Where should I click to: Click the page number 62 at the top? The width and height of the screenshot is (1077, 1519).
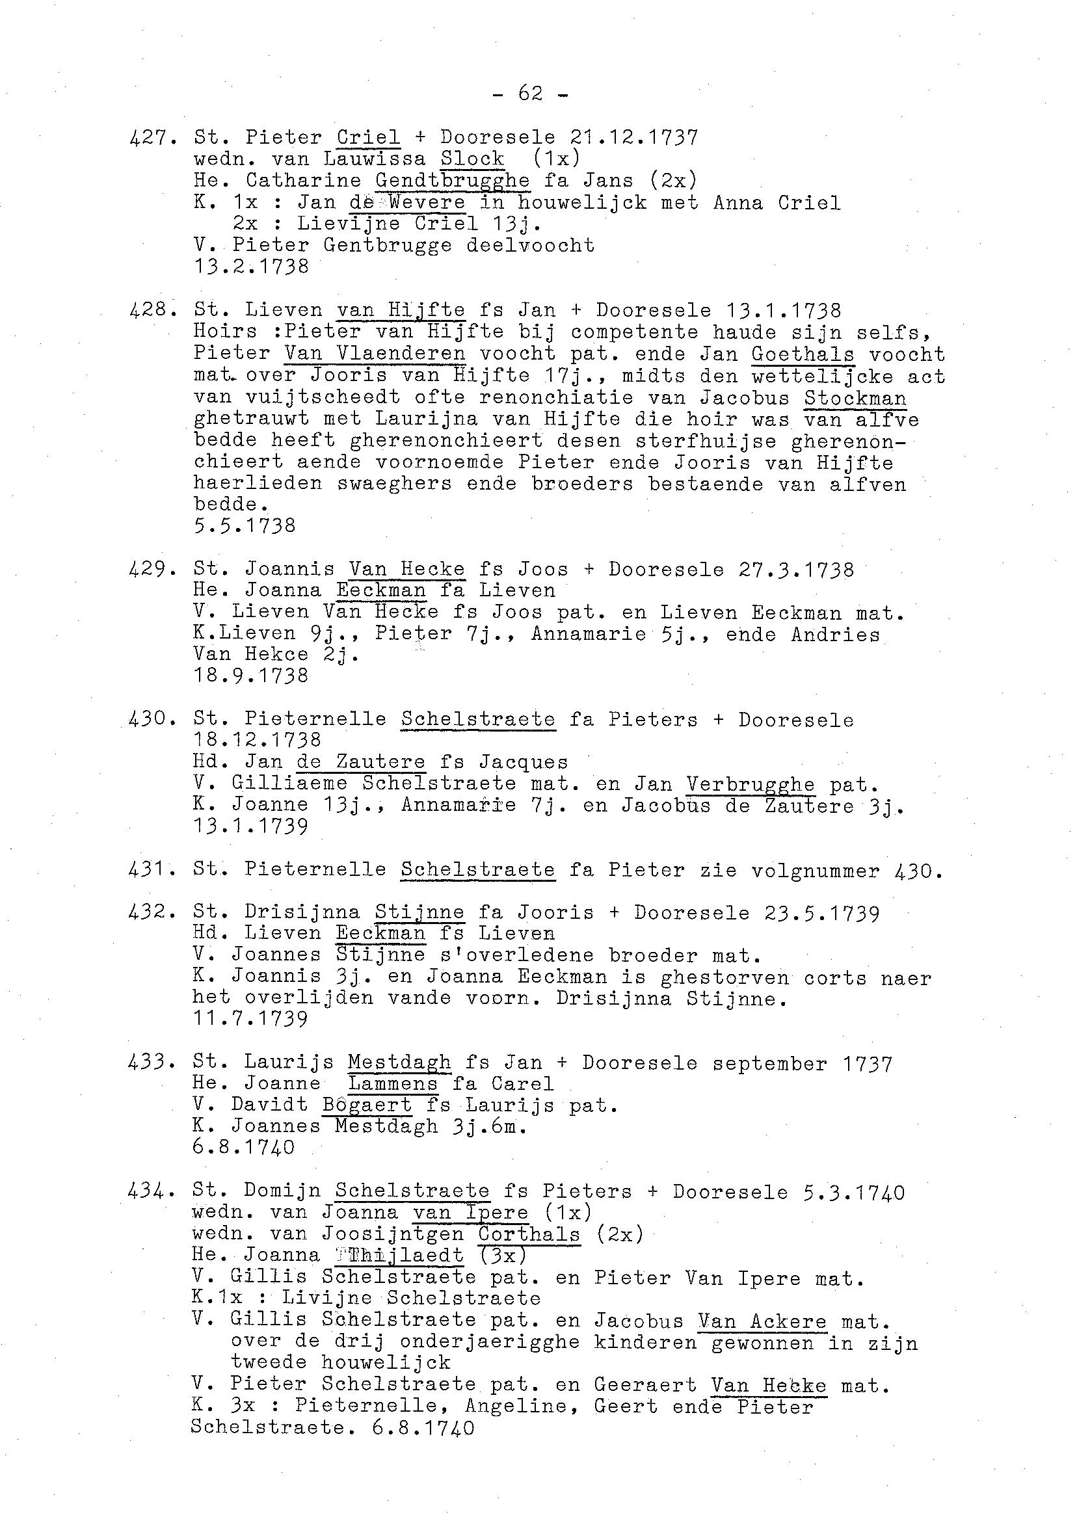(530, 94)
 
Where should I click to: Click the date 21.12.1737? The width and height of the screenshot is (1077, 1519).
(633, 137)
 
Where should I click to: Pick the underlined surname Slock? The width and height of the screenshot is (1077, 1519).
(472, 159)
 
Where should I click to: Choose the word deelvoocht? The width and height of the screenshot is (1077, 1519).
(530, 245)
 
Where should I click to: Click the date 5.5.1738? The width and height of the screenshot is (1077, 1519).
(244, 526)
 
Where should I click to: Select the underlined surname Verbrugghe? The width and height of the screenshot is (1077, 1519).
(750, 785)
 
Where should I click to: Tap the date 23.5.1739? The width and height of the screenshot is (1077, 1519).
(756, 913)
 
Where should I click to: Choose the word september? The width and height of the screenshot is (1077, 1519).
(770, 1064)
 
